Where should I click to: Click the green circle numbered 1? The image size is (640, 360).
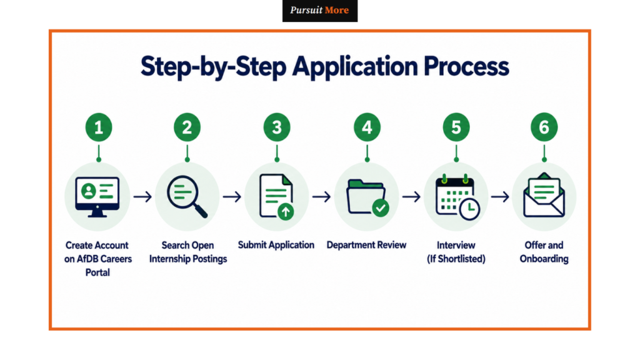98,127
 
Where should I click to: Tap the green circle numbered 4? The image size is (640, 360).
367,127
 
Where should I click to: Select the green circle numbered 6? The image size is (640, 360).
544,127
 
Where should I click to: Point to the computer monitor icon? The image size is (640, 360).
97,197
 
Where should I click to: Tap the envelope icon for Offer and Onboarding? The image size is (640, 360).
544,196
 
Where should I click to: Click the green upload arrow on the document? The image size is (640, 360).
286,211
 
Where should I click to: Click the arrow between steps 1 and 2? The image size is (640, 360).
142,197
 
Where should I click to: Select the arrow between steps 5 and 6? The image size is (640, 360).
500,197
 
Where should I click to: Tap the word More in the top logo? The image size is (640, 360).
337,10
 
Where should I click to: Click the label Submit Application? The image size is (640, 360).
276,245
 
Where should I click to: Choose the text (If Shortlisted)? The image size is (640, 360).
456,259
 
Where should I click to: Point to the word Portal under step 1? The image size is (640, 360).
97,272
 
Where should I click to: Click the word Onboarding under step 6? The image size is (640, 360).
544,259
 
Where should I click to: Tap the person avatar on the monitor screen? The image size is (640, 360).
89,191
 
